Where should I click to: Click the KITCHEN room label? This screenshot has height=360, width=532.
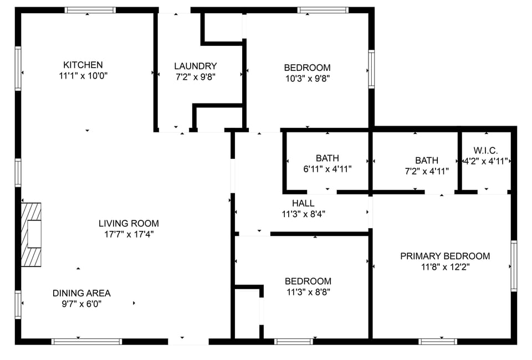click(x=83, y=65)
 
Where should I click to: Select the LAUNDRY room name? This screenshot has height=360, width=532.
click(x=195, y=66)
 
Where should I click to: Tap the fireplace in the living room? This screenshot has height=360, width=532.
click(x=32, y=234)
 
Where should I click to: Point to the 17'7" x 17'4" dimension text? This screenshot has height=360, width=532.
click(x=129, y=234)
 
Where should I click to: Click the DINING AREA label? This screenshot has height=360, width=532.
click(x=81, y=293)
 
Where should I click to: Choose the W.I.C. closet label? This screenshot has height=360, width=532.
click(x=485, y=151)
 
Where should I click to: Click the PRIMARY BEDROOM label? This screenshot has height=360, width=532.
click(x=445, y=256)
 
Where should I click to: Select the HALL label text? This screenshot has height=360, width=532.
click(x=303, y=203)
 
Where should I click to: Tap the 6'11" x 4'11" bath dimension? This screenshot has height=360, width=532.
click(x=327, y=169)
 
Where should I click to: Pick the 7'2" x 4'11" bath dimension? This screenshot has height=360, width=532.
click(x=427, y=171)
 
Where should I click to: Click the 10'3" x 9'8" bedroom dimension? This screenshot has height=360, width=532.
click(x=307, y=78)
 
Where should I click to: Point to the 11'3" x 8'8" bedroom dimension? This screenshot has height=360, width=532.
click(x=308, y=292)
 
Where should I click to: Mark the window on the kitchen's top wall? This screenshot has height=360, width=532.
click(x=90, y=10)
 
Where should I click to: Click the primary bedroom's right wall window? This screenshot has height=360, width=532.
click(x=514, y=266)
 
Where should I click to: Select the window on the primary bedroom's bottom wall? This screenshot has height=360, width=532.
click(x=437, y=341)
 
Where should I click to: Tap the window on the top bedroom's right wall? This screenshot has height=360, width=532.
click(x=371, y=69)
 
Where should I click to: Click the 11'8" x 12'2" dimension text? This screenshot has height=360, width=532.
click(x=445, y=266)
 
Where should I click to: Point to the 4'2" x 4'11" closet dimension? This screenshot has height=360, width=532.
click(x=485, y=161)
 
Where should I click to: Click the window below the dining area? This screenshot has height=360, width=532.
click(x=86, y=341)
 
